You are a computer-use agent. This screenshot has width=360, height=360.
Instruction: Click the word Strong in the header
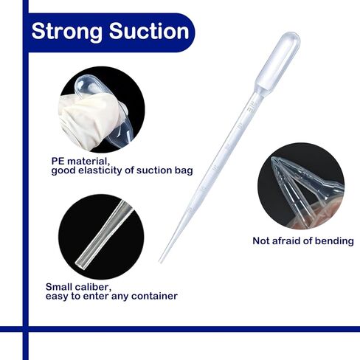point(66,32)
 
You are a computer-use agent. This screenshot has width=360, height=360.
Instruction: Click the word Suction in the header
point(149,31)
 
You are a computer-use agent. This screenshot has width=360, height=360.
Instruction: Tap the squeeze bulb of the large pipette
point(278,61)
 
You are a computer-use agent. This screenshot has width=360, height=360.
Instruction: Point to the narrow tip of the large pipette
point(160,262)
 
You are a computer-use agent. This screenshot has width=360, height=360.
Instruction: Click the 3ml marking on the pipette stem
point(252,106)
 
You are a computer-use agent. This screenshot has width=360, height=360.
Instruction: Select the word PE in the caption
point(58,162)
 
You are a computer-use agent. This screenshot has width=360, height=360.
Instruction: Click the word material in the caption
point(88,162)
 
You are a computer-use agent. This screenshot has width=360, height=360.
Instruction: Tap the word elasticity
point(100,170)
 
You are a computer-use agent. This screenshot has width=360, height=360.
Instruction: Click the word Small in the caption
point(59,287)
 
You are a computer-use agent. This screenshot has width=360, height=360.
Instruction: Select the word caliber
point(93,287)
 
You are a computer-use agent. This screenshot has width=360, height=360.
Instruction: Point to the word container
point(154,296)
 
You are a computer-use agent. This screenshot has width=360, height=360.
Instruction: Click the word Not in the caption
point(261,240)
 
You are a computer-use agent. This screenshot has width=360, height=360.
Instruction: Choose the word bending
point(334,241)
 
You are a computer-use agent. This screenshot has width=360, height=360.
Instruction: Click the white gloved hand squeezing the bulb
point(91,120)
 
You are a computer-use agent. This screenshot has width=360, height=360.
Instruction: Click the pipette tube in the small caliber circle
point(104,235)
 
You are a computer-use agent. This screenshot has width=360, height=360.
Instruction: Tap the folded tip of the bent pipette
point(275,160)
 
